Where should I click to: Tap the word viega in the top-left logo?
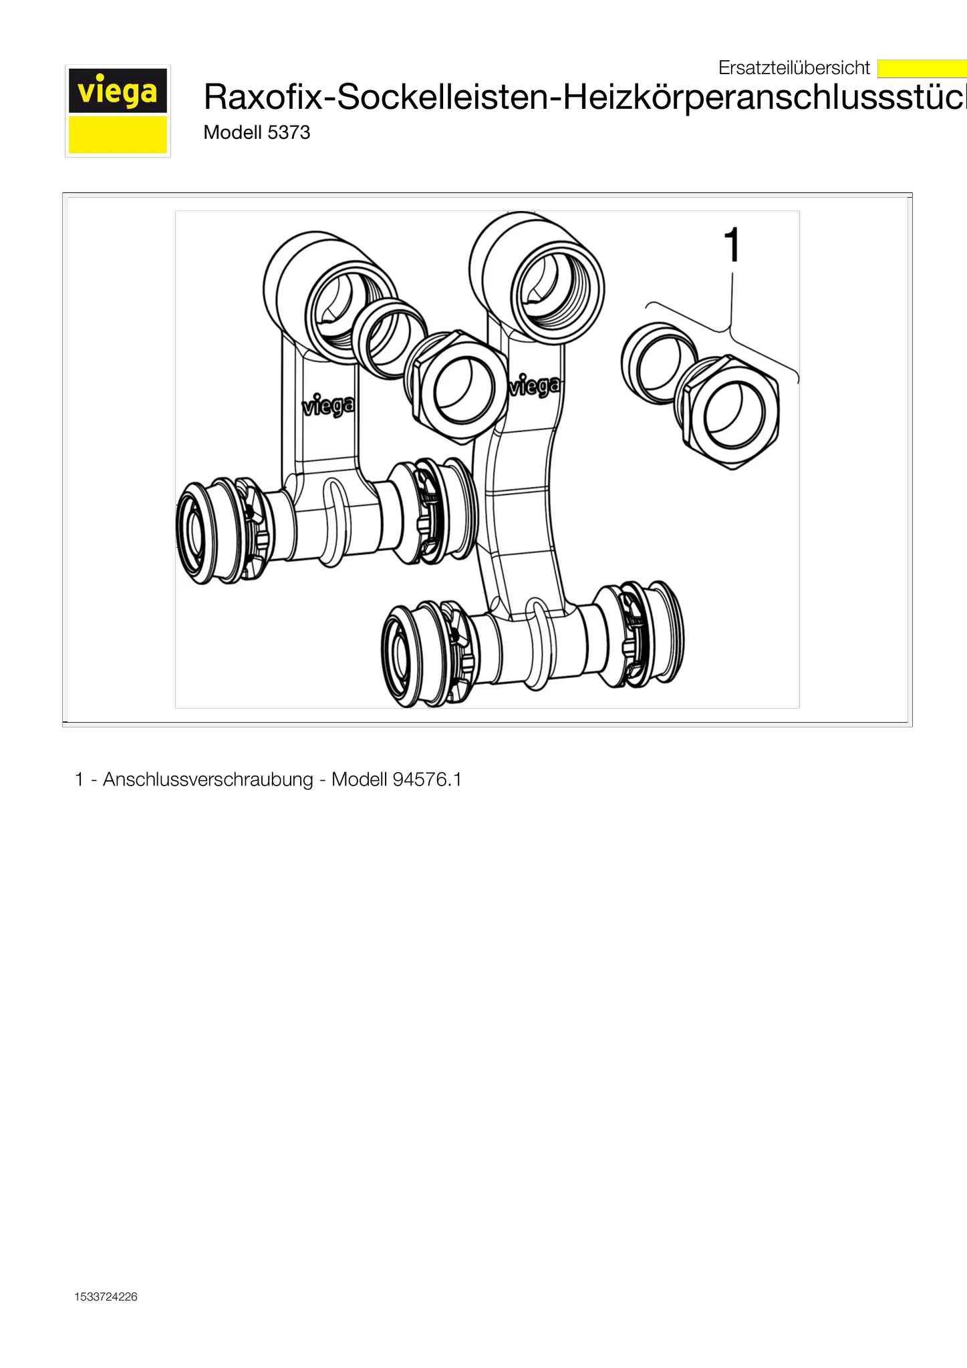118,92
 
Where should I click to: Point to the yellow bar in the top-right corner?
922,69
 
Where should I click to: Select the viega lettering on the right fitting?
535,386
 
